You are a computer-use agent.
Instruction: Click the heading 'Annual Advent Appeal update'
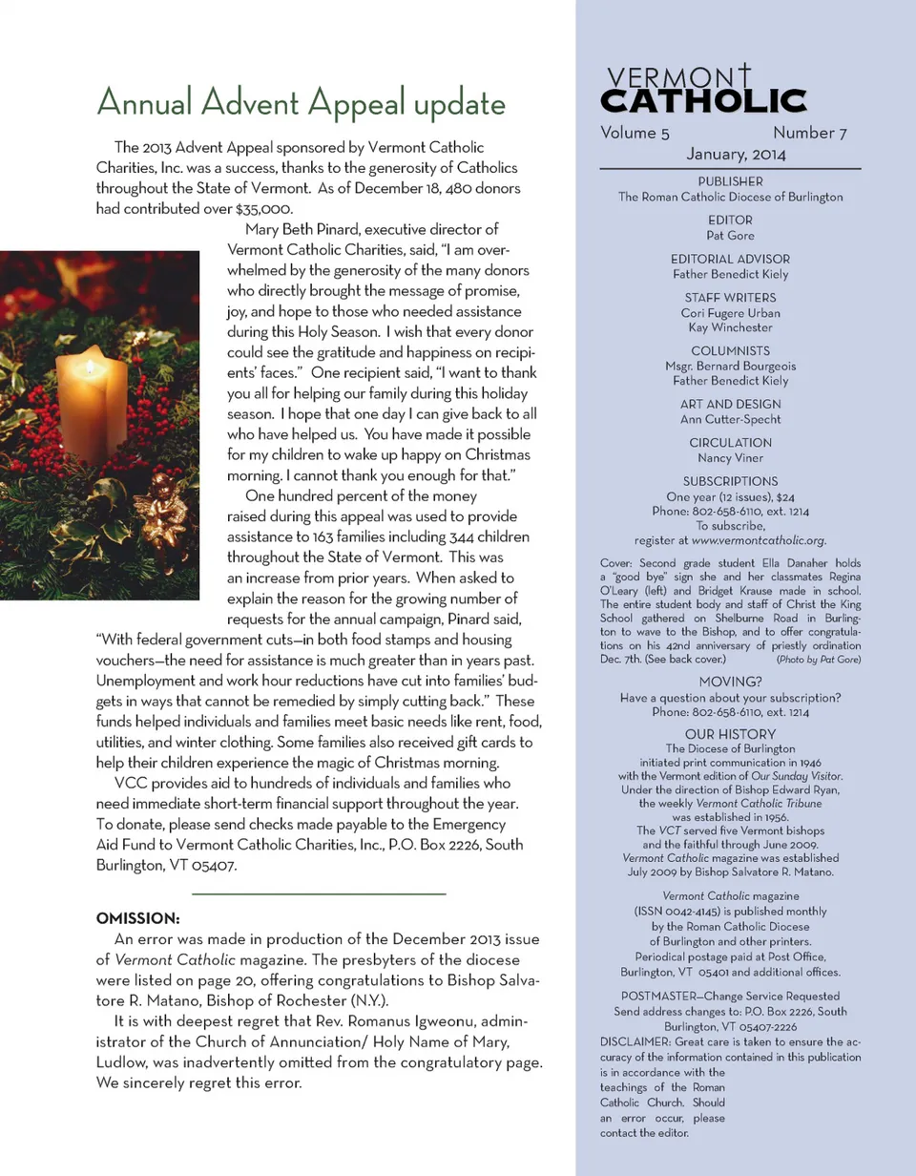[301, 102]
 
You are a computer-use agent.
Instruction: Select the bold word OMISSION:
[138, 919]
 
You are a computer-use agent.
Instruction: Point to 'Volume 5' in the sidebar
[629, 134]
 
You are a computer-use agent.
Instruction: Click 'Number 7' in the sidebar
[810, 134]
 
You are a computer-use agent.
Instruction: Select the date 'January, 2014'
[730, 154]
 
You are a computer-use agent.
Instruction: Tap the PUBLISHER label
[730, 181]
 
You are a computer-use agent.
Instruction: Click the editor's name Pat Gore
[730, 235]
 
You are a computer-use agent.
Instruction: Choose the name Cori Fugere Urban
[730, 312]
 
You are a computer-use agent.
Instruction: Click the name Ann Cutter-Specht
[730, 419]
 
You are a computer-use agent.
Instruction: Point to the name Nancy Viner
[730, 457]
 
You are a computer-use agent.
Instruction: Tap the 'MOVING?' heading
[730, 682]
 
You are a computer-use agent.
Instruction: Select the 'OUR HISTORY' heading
[730, 733]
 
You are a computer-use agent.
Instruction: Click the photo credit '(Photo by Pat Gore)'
[819, 659]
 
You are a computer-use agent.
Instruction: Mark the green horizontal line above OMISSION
[319, 893]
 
